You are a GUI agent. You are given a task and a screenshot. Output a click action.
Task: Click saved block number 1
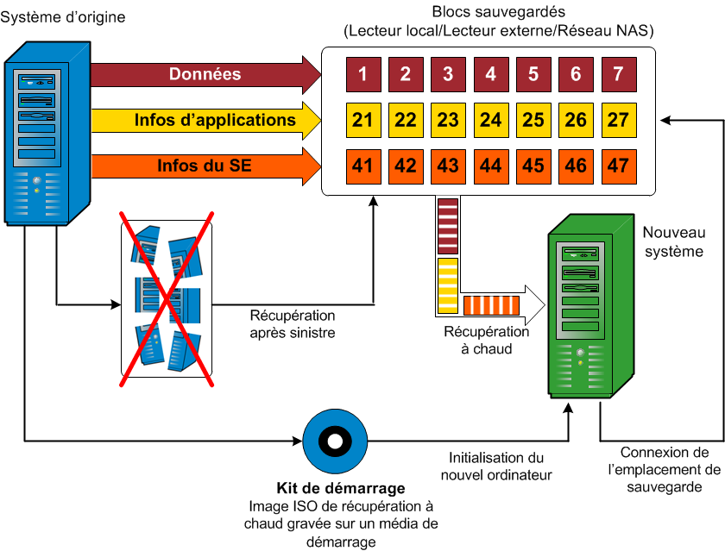pyautogui.click(x=362, y=74)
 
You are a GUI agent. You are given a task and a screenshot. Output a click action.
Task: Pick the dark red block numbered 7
pyautogui.click(x=618, y=74)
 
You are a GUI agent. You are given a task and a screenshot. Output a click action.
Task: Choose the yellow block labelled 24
pyautogui.click(x=490, y=120)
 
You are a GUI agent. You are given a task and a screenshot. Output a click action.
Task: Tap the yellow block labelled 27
pyautogui.click(x=618, y=120)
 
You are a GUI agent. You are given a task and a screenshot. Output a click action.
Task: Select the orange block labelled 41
pyautogui.click(x=362, y=166)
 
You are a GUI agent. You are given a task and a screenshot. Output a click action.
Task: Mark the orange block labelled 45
pyautogui.click(x=533, y=166)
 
